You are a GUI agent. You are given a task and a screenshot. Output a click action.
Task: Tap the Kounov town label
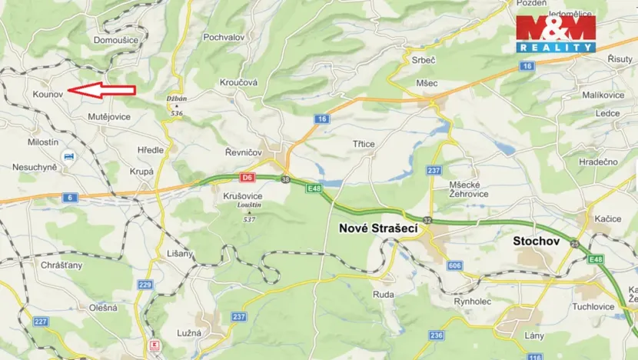46,94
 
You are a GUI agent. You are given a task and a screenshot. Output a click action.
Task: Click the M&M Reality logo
556,33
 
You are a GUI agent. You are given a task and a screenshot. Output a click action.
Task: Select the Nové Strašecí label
372,228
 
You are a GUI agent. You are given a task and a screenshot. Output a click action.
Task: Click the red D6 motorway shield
247,178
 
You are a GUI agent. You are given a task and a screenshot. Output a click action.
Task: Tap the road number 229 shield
145,285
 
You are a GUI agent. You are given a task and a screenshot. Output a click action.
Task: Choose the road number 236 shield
437,335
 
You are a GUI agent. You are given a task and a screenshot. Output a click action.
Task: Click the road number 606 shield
455,265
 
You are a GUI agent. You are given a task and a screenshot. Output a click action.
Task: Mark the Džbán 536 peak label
177,105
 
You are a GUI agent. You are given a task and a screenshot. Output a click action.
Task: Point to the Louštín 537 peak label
248,212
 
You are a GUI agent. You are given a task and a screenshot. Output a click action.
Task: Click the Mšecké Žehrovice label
469,190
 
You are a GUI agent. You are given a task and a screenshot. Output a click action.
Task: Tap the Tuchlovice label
603,305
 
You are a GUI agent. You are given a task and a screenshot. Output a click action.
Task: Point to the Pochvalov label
223,37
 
